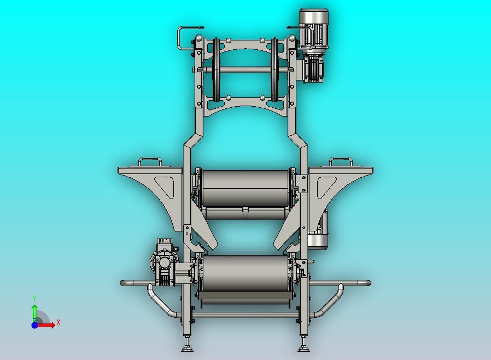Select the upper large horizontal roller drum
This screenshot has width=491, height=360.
pos(245,188)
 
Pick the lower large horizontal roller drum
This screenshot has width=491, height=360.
pos(245,273)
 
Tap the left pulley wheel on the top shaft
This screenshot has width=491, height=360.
pos(217,69)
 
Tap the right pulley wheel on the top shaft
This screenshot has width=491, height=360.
pos(275,69)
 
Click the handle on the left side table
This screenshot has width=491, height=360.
pos(150,161)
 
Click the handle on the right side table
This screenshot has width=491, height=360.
pos(341,161)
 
